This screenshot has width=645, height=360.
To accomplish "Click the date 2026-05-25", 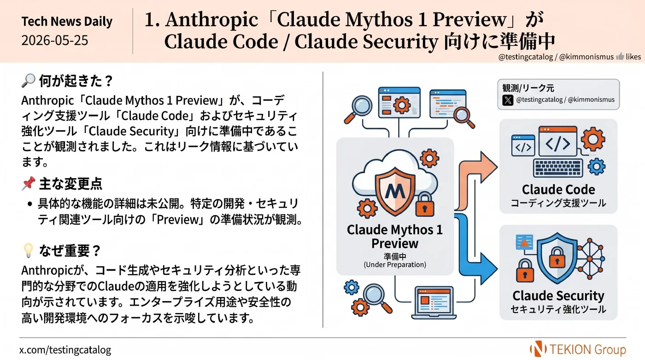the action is pyautogui.click(x=54, y=41).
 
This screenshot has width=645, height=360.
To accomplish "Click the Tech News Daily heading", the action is pyautogui.click(x=67, y=21).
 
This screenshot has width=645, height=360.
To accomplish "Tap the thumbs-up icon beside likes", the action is pyautogui.click(x=620, y=57).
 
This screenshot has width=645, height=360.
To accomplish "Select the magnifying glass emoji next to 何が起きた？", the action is pyautogui.click(x=29, y=81).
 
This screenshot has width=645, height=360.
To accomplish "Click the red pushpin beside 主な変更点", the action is pyautogui.click(x=29, y=183).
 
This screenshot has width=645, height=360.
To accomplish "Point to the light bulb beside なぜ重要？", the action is pyautogui.click(x=28, y=250).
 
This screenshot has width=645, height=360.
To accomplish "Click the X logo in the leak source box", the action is pyautogui.click(x=508, y=100).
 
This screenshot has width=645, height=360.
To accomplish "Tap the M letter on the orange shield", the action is pyautogui.click(x=395, y=191).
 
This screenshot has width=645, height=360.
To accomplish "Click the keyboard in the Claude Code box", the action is pyautogui.click(x=558, y=168).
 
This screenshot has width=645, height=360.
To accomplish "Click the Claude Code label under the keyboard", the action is pyautogui.click(x=558, y=190).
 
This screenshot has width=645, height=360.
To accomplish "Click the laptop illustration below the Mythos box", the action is pyautogui.click(x=434, y=303).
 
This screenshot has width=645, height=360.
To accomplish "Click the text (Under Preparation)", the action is pyautogui.click(x=395, y=264).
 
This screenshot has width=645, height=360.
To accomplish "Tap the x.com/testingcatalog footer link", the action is pyautogui.click(x=65, y=350).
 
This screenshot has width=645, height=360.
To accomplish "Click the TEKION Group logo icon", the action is pyautogui.click(x=538, y=349).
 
